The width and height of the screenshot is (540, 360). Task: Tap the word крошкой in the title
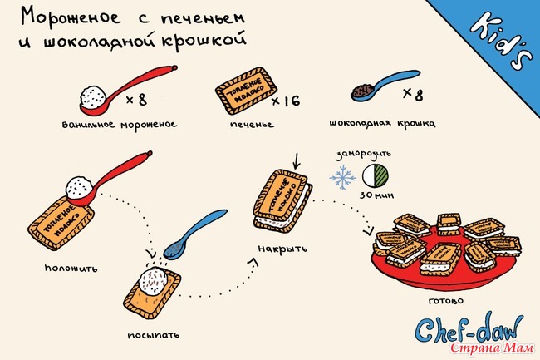coord(204,40)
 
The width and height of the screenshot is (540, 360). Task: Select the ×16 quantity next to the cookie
coord(286,101)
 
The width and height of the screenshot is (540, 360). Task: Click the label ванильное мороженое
coord(120,125)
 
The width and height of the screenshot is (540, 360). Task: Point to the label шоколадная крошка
coord(382,123)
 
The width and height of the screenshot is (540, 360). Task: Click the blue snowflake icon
coord(342,177)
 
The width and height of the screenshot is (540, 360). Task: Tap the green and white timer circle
coord(375,175)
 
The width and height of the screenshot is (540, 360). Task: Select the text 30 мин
coord(377,195)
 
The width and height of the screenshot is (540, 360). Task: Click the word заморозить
coord(364,154)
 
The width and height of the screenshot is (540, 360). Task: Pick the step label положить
coord(71,268)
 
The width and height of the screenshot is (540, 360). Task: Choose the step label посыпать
coord(154,335)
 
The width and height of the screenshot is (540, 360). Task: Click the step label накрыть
coord(282,249)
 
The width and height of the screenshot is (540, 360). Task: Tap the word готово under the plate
coord(446,301)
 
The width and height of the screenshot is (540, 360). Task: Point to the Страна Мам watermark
coord(492,348)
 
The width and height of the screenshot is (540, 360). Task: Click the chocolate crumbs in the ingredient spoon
coord(363,91)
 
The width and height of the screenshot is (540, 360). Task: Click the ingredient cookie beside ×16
coord(246,91)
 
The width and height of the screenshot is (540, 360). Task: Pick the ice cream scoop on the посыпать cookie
coord(153,281)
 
